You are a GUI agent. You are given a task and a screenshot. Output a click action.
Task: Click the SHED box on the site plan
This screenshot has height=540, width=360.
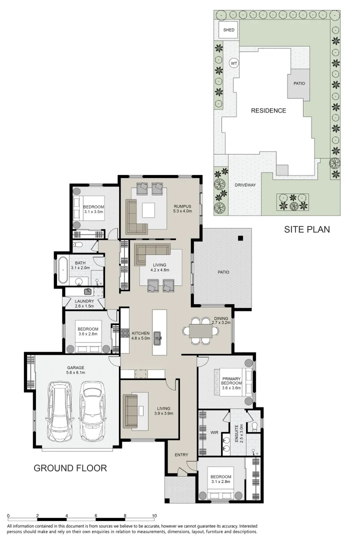tap(228, 30)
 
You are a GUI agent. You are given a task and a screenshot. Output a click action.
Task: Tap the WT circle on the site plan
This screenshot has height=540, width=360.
tap(233, 63)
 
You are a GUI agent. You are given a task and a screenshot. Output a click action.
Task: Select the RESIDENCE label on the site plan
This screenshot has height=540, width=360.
tap(268, 110)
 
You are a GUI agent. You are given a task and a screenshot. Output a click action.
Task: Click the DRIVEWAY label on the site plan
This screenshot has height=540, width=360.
tap(245, 185)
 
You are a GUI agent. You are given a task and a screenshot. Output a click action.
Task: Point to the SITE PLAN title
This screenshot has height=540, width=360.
tap(307, 229)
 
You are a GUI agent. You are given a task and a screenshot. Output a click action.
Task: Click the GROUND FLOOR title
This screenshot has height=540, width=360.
tap(70, 468)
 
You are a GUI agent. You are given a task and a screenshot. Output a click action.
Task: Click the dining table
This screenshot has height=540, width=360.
tap(200, 331)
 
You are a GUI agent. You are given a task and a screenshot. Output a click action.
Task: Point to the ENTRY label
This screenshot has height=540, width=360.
tap(180, 455)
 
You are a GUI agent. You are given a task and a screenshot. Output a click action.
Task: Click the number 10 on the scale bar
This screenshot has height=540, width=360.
tap(154, 515)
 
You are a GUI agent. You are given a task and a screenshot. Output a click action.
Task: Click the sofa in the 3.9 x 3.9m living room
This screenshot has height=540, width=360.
tap(131, 410)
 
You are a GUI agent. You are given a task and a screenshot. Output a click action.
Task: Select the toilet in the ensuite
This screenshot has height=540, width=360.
tap(254, 426)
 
